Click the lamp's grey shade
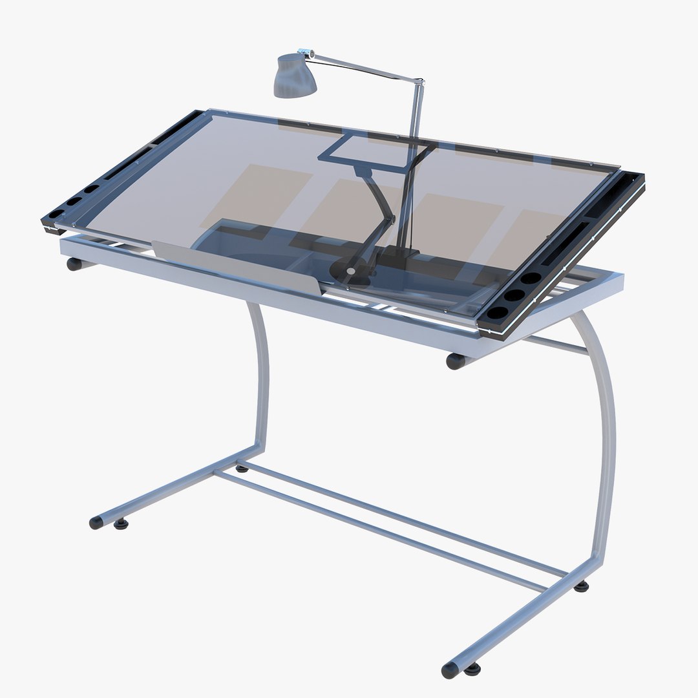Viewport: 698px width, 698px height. [x=295, y=77]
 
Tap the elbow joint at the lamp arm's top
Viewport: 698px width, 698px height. [x=419, y=82]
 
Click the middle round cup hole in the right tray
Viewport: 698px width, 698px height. [x=514, y=295]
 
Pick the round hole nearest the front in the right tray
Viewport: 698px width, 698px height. [x=497, y=313]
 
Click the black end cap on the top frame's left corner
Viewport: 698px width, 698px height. [x=74, y=264]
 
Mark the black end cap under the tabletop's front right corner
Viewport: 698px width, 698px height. [x=455, y=361]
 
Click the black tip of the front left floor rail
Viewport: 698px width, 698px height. [x=96, y=522]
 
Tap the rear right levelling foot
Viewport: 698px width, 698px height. [x=582, y=586]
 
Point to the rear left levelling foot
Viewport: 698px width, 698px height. [x=242, y=467]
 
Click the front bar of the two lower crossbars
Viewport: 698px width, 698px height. [x=381, y=532]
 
